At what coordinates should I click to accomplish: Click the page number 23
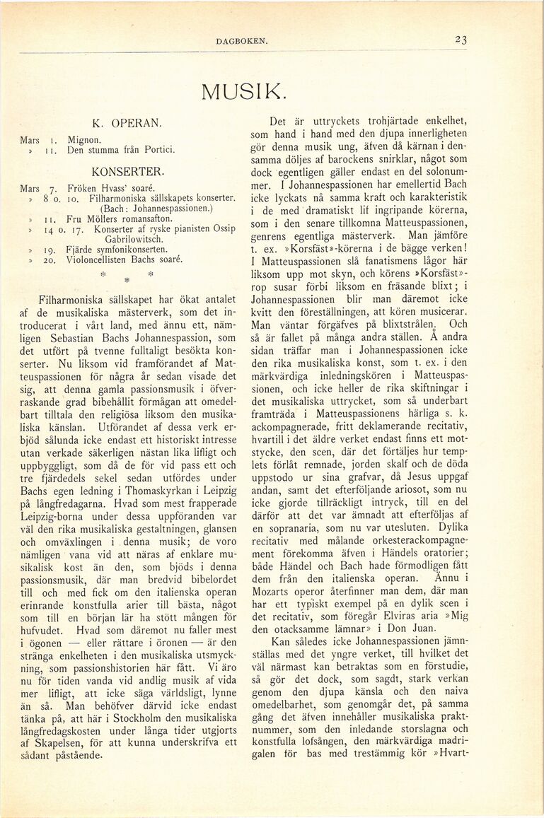coord(461,40)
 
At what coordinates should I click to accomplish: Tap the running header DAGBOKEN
coord(242,42)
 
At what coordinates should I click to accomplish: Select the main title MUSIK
coord(244,91)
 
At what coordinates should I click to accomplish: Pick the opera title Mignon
coord(84,140)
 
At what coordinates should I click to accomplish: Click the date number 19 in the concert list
coord(52,250)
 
